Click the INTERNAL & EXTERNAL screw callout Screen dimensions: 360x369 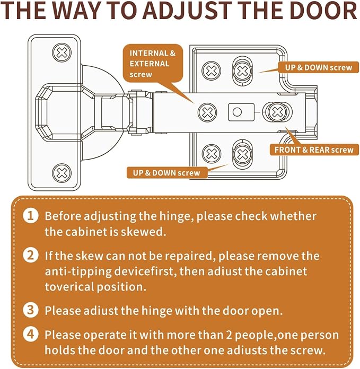point(153,64)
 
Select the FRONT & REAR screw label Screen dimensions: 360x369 point(314,150)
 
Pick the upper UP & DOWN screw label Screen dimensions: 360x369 point(318,67)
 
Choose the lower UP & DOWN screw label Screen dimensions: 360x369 point(166,173)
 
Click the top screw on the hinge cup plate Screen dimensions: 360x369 point(62,52)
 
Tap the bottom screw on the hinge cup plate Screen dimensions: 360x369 point(62,173)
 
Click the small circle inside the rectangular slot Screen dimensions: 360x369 point(237,112)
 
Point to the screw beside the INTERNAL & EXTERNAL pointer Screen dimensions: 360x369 point(207,112)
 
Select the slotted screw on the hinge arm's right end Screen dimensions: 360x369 point(277,112)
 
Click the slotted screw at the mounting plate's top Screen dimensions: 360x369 point(242,71)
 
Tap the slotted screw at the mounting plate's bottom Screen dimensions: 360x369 point(242,154)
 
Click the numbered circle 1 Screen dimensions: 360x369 point(31,216)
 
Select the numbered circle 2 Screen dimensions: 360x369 point(31,256)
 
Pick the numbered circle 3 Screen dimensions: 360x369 point(31,310)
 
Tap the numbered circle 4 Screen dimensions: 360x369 point(31,335)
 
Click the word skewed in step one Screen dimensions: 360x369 point(143,232)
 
